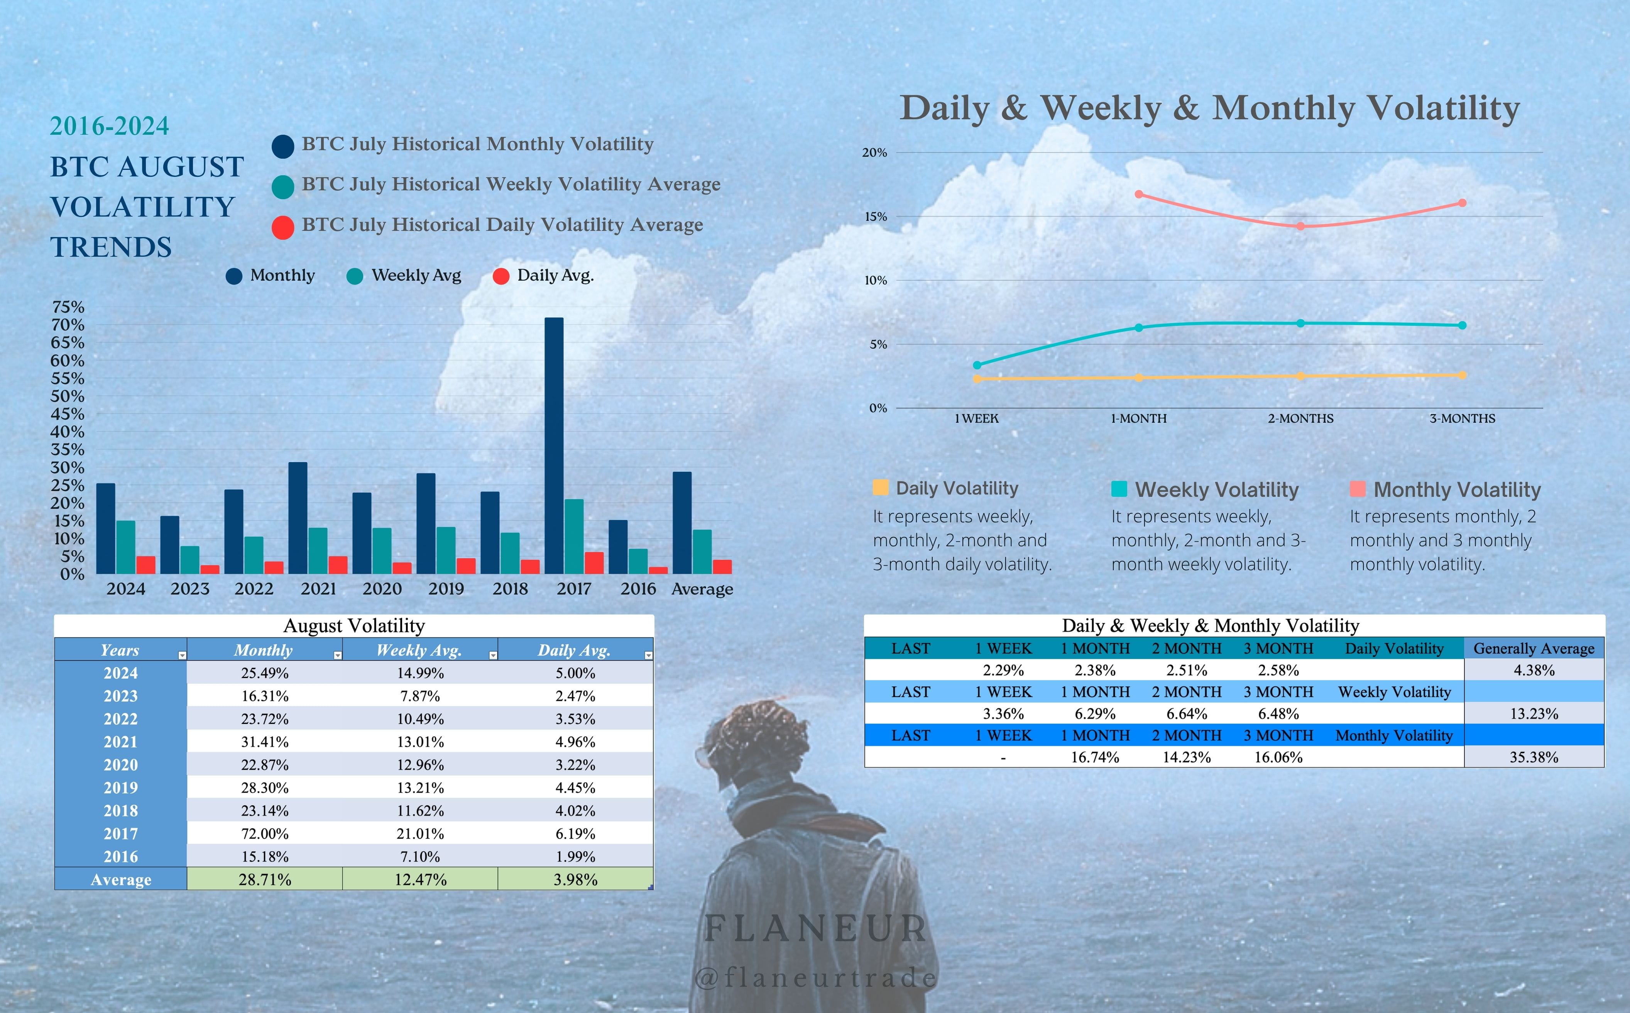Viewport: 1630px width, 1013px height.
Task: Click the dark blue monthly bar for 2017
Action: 554,446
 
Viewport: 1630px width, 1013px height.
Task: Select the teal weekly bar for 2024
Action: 126,547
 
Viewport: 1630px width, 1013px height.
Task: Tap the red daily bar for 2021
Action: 338,565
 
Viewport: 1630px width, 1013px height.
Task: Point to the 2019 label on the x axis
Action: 446,589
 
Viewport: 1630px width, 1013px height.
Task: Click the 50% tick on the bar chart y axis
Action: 68,396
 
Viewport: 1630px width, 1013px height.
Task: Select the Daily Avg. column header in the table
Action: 575,650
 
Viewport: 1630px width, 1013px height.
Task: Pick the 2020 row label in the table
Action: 120,764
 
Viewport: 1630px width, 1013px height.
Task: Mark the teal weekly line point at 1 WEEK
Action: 977,365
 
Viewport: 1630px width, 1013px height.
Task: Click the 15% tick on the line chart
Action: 874,217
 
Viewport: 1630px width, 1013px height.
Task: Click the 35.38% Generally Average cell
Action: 1534,757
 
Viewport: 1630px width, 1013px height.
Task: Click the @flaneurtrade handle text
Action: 816,978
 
